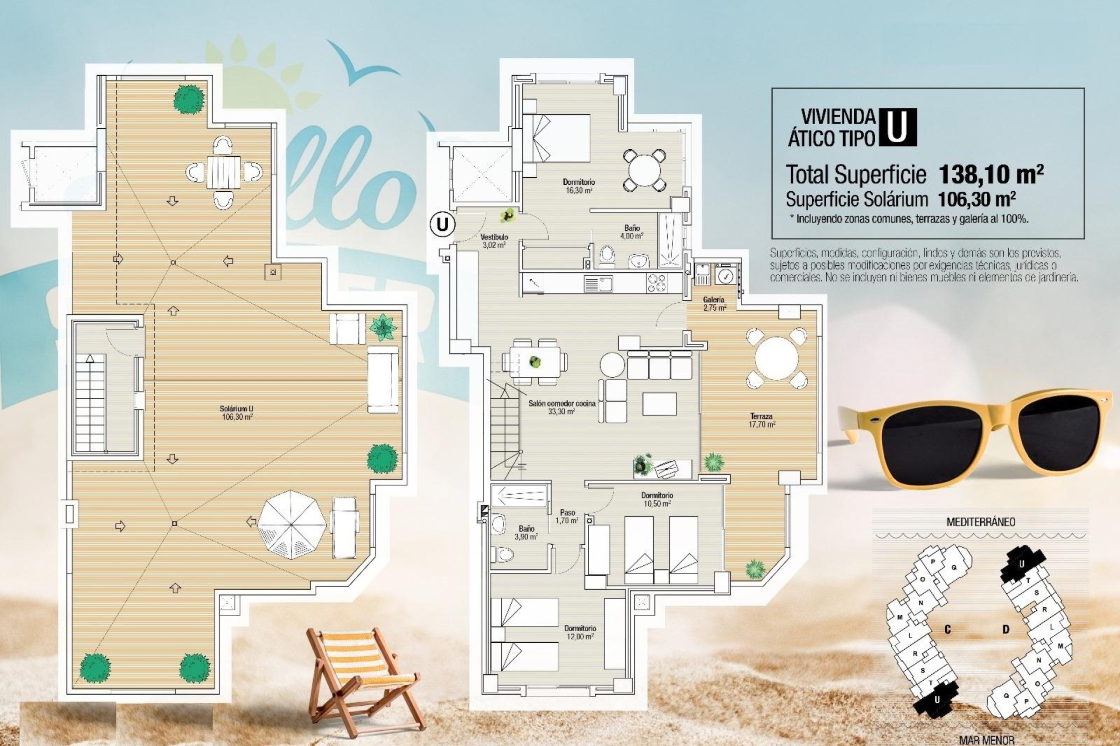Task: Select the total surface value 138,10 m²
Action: [991, 174]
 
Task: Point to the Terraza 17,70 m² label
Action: [762, 420]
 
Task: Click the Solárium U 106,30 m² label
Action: [237, 413]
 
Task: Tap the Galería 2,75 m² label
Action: [714, 304]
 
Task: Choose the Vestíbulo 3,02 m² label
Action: [494, 241]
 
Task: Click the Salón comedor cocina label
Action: [562, 407]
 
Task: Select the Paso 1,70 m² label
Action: [567, 516]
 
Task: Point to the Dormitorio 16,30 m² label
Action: [579, 186]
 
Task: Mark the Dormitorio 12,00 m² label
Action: [580, 632]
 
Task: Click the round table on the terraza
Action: [776, 358]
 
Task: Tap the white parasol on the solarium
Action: [292, 522]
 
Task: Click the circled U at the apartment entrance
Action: [443, 224]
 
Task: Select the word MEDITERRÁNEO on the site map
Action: [980, 522]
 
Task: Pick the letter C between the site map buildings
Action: [947, 629]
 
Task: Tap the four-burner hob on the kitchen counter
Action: [656, 283]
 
